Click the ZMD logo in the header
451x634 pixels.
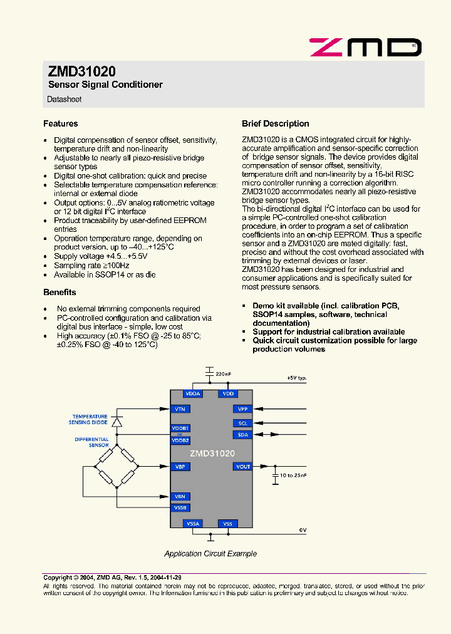click(x=365, y=47)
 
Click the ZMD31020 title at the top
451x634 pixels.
click(x=81, y=72)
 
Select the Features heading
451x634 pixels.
click(x=61, y=124)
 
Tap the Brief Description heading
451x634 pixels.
click(x=276, y=124)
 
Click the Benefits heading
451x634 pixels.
click(x=60, y=293)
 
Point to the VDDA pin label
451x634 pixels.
click(x=193, y=394)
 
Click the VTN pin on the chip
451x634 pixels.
click(x=180, y=409)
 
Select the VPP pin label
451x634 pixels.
click(x=242, y=409)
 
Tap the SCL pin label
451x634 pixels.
click(x=242, y=424)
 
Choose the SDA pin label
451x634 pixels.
click(x=242, y=435)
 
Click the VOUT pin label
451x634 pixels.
click(x=242, y=467)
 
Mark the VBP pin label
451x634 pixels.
click(x=180, y=467)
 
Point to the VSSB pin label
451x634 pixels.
click(x=180, y=508)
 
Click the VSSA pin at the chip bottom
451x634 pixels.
click(x=193, y=524)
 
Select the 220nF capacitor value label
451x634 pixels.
click(x=223, y=374)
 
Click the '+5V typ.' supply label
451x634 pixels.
click(x=296, y=378)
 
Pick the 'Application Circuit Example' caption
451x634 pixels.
click(x=210, y=554)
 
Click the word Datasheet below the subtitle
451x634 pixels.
click(x=65, y=100)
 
